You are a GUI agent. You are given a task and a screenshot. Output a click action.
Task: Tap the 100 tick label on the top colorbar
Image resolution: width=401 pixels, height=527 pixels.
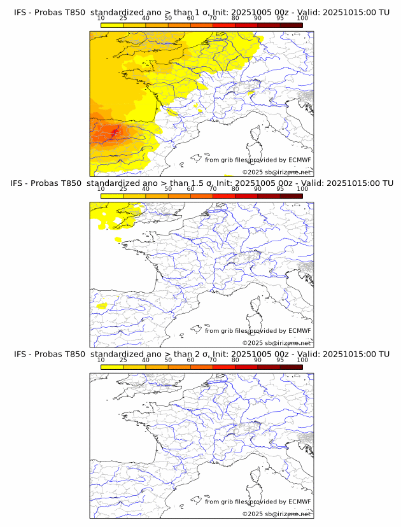[x=302, y=18]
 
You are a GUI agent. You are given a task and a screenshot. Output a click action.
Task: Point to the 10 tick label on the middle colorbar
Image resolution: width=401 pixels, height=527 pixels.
[x=101, y=189]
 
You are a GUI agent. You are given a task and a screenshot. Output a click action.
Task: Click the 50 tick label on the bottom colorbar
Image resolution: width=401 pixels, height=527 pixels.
[x=168, y=360]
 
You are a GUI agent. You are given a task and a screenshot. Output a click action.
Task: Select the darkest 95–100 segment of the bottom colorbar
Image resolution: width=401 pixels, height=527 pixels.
[x=291, y=367]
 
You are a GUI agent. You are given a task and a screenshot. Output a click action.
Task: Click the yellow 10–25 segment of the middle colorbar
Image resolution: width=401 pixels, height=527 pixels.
[x=112, y=196]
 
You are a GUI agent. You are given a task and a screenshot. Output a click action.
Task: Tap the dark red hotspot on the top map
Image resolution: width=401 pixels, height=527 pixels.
[x=115, y=132]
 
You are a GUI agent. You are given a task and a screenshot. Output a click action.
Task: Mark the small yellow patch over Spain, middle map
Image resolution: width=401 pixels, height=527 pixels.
[x=100, y=306]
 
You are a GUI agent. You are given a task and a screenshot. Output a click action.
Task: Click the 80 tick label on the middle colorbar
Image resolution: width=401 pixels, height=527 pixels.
[x=236, y=189]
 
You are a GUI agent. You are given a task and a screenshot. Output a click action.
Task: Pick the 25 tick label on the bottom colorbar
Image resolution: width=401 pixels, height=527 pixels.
[x=123, y=360]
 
